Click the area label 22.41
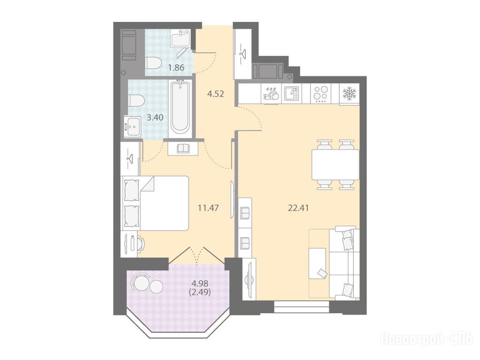(x=298, y=208)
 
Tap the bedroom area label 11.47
(x=208, y=208)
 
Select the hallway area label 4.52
(x=215, y=94)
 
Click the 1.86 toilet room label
(x=176, y=67)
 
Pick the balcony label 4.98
(x=199, y=284)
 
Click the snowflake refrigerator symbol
(x=349, y=94)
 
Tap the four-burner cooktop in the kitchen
(x=321, y=94)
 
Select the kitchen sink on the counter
(x=292, y=94)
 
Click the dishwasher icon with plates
(x=271, y=94)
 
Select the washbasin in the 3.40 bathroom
(x=132, y=126)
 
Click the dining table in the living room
(x=335, y=165)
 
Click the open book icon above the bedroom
(x=183, y=148)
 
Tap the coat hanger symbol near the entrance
(x=243, y=53)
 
